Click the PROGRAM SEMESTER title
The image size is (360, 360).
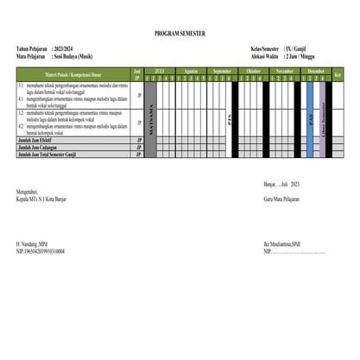coord(180,33)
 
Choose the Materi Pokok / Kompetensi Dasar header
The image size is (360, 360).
coord(66,75)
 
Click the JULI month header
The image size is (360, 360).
coord(159,69)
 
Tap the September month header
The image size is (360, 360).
coord(223,69)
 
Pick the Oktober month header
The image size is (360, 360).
coord(254,69)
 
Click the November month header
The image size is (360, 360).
coord(285,69)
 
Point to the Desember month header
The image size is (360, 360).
coord(317,69)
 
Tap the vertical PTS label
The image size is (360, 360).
coord(228,120)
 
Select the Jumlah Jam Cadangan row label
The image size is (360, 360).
coord(42,148)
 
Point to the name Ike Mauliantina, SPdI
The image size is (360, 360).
coord(282,244)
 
